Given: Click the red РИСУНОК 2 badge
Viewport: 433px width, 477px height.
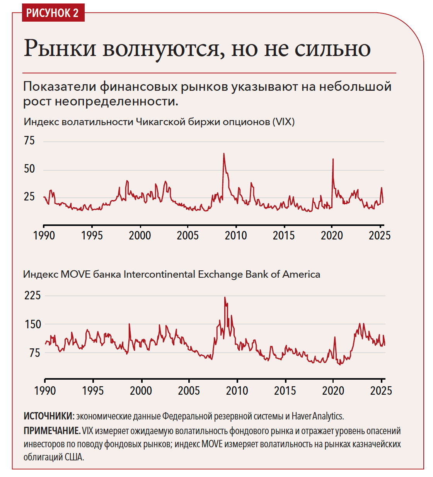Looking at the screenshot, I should [53, 13].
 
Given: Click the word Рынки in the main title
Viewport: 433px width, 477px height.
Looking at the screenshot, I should [60, 49].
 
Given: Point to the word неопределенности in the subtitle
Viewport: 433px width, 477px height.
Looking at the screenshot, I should [116, 102].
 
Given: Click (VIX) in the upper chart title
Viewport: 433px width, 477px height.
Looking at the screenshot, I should [283, 122].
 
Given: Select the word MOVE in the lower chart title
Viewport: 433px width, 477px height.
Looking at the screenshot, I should [75, 275].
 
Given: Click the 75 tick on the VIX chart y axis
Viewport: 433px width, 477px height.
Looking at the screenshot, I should [29, 141].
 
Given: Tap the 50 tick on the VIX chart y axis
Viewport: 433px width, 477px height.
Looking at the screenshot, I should [29, 169].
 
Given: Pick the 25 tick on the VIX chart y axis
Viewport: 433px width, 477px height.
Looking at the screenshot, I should [29, 197].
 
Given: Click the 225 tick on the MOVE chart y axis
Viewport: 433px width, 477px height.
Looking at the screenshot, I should [32, 295].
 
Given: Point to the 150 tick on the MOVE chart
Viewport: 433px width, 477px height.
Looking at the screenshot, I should [32, 324].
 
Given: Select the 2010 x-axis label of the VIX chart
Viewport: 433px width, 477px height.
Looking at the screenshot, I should [236, 236].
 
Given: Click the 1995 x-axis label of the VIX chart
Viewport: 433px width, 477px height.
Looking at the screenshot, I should [92, 236].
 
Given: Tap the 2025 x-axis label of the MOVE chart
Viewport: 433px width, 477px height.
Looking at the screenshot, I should [381, 391].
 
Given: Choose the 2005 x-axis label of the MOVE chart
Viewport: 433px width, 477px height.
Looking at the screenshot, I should [189, 391].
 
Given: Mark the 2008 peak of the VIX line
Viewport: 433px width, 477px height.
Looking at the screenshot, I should [223, 154].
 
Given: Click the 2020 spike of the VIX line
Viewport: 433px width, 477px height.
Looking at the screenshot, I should [333, 159].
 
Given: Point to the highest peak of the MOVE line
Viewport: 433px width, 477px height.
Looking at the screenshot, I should [225, 297].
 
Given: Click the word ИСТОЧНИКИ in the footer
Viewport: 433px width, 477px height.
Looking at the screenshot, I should [48, 416].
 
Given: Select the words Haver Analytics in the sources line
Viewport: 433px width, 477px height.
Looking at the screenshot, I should [317, 416].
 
